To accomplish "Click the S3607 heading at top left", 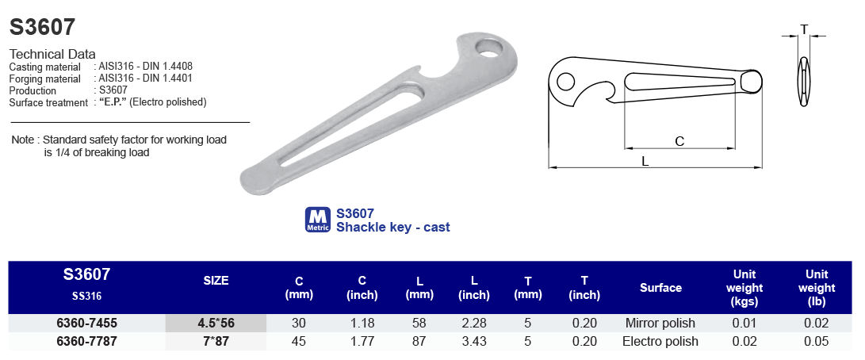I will coord(42,28).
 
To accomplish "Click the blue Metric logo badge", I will coord(317,220).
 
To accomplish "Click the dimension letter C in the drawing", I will coord(679,141).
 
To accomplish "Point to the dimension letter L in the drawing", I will coord(645,160).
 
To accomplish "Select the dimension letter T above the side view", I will coord(804,30).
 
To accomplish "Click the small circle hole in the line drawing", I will coord(565,82).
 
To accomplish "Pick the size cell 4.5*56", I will coord(216,324).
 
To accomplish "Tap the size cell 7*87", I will coord(216,342).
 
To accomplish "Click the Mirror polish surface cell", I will coord(660,324).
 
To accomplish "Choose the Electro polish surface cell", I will coord(660,342).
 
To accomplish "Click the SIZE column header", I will coord(216,281).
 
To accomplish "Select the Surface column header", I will coord(660,288).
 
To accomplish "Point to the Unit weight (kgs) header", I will coord(744,288).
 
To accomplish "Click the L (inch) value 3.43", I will coord(475,342).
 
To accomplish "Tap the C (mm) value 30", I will coord(299,324).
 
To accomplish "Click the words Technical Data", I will coord(52,54).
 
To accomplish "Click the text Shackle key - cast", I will coord(392,228).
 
